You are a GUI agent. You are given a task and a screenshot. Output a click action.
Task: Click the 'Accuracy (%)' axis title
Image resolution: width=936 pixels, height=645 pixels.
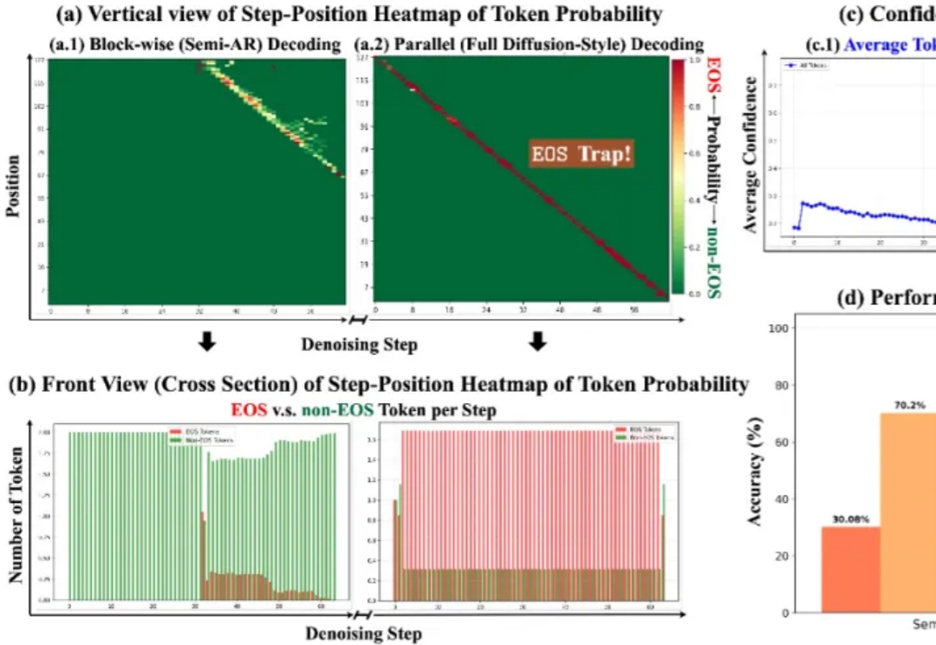coord(754,471)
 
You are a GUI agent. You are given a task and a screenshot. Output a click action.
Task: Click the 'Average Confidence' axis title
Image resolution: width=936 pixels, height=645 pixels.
coord(751,154)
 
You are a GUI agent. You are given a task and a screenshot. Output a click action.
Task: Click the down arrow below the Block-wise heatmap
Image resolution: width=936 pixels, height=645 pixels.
coord(207,343)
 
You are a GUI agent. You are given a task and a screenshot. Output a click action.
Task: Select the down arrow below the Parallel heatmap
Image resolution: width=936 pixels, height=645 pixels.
coord(538,343)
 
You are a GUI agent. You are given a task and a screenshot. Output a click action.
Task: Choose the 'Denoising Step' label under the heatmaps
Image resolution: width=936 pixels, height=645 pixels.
coord(359,344)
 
